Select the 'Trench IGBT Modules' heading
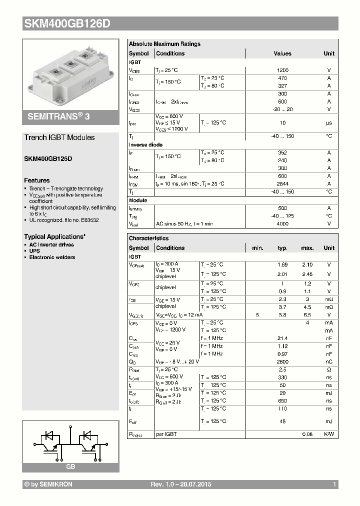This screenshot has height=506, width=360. point(59,137)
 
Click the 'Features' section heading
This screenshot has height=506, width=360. point(37,180)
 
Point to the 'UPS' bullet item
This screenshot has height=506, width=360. point(34,251)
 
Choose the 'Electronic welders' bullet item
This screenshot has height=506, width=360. point(52,257)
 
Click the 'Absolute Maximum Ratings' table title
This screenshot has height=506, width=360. point(164,44)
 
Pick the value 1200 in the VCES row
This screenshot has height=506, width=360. point(282,71)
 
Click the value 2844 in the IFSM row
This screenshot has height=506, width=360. point(282,184)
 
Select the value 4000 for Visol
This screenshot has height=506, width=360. point(282,224)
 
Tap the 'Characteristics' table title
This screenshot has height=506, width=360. point(148,238)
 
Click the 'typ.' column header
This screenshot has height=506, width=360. point(282,248)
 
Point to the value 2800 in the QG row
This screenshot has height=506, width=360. point(282,361)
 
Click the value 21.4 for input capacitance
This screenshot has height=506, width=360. point(282,338)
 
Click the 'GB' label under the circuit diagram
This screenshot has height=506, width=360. point(70,466)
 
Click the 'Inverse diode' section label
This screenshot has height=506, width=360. point(145,145)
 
